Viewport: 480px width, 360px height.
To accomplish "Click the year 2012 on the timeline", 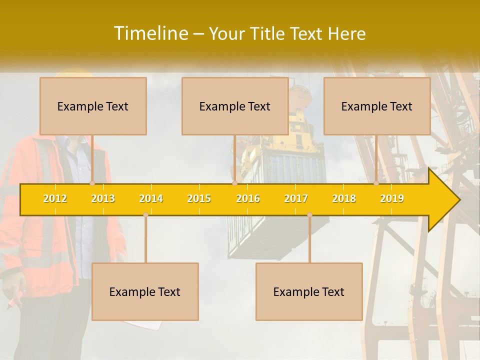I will point(55,198).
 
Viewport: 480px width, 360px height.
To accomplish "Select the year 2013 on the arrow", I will point(103,198).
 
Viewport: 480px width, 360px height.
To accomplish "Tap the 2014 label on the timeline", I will point(151,198).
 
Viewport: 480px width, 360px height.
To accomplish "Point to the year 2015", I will point(199,198).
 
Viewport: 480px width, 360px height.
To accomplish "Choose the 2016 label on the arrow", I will point(248,198).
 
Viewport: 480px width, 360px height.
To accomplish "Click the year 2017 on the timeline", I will point(296,198).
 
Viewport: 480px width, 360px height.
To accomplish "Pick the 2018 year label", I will point(344,198).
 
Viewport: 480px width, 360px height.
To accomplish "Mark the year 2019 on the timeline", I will point(392,198).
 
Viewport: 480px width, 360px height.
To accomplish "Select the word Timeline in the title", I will point(150,33).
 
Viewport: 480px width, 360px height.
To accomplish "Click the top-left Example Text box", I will point(93,106).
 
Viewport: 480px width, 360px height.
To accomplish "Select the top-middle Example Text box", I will point(235,106).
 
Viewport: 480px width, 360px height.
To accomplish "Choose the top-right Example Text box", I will point(377,106).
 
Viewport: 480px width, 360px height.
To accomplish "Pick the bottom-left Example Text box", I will point(145,291).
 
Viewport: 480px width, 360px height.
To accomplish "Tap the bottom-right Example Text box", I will point(309,291).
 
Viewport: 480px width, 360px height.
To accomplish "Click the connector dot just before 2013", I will point(92,183).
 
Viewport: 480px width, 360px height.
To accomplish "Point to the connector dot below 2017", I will point(309,215).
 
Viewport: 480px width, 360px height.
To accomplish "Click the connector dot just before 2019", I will point(376,183).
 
